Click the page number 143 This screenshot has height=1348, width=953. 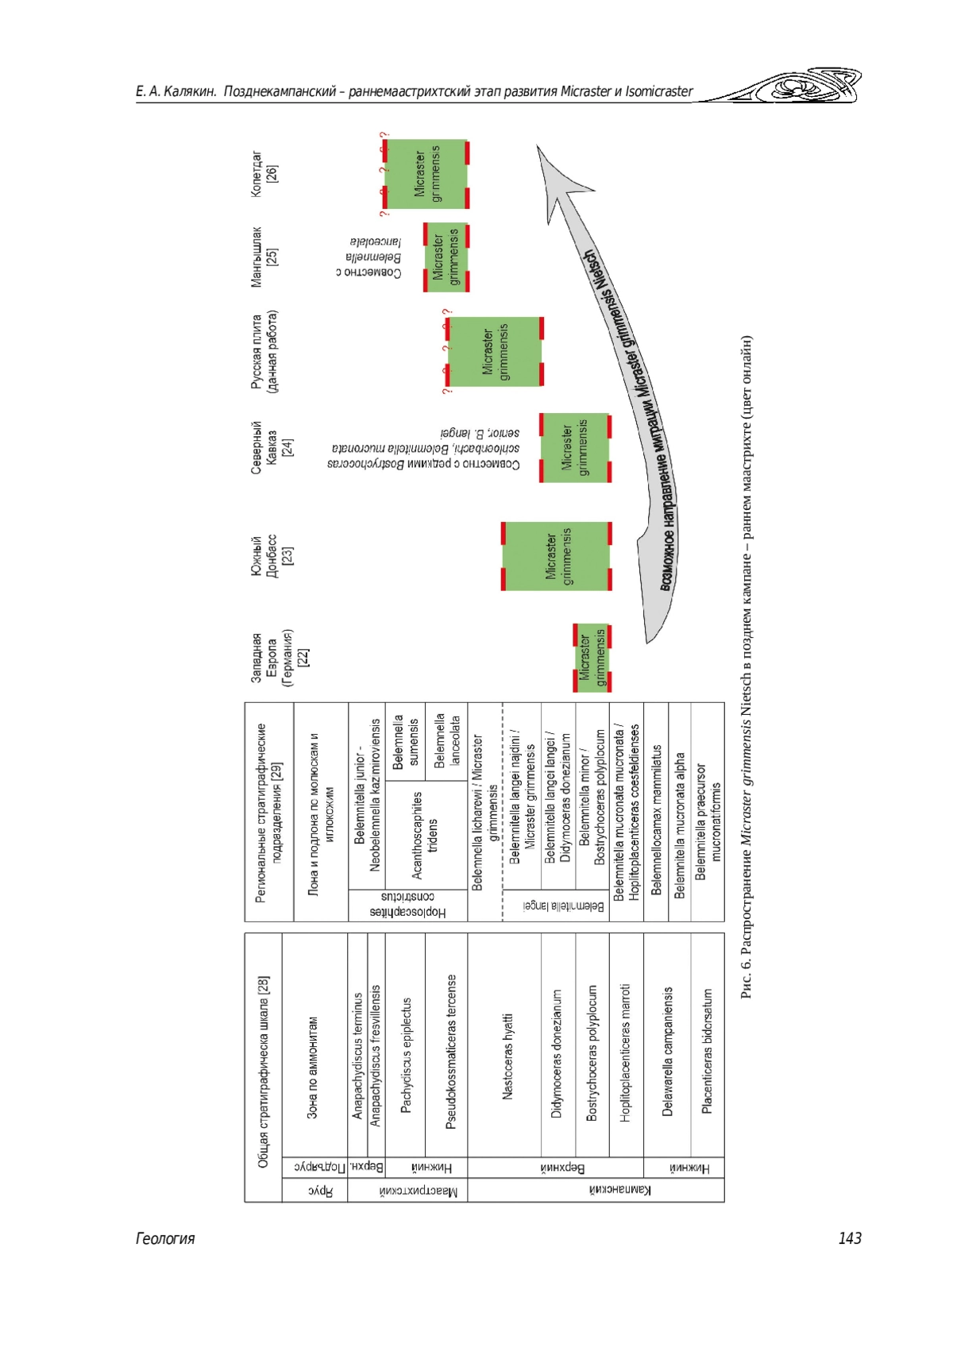pyautogui.click(x=849, y=1238)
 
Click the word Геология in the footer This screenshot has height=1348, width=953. pyautogui.click(x=165, y=1238)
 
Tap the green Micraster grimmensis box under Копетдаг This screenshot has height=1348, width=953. pyautogui.click(x=426, y=174)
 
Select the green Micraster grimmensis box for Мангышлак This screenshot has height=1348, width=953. pyautogui.click(x=446, y=257)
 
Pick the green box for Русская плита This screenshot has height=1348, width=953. pyautogui.click(x=495, y=351)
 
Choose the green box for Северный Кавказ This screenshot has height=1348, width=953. pyautogui.click(x=575, y=448)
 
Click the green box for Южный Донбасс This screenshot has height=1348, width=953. pyautogui.click(x=557, y=556)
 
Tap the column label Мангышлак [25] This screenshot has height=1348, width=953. pyautogui.click(x=264, y=257)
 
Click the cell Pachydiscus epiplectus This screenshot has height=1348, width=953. pyautogui.click(x=406, y=1056)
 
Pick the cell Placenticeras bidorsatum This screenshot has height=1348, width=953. pyautogui.click(x=708, y=1051)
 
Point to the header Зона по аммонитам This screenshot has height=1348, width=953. pyautogui.click(x=313, y=1068)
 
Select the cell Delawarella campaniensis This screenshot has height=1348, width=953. pyautogui.click(x=667, y=1051)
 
